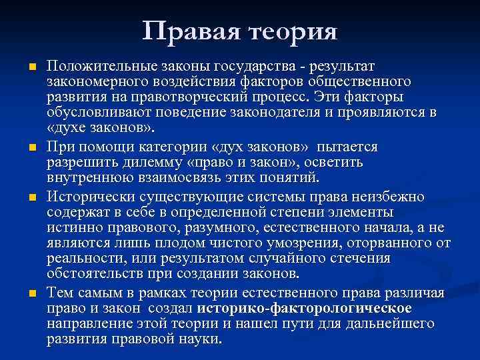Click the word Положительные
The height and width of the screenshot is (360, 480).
point(98,67)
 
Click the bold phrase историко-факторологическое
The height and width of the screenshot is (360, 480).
point(303,308)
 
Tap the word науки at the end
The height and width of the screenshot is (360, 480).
point(199,339)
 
